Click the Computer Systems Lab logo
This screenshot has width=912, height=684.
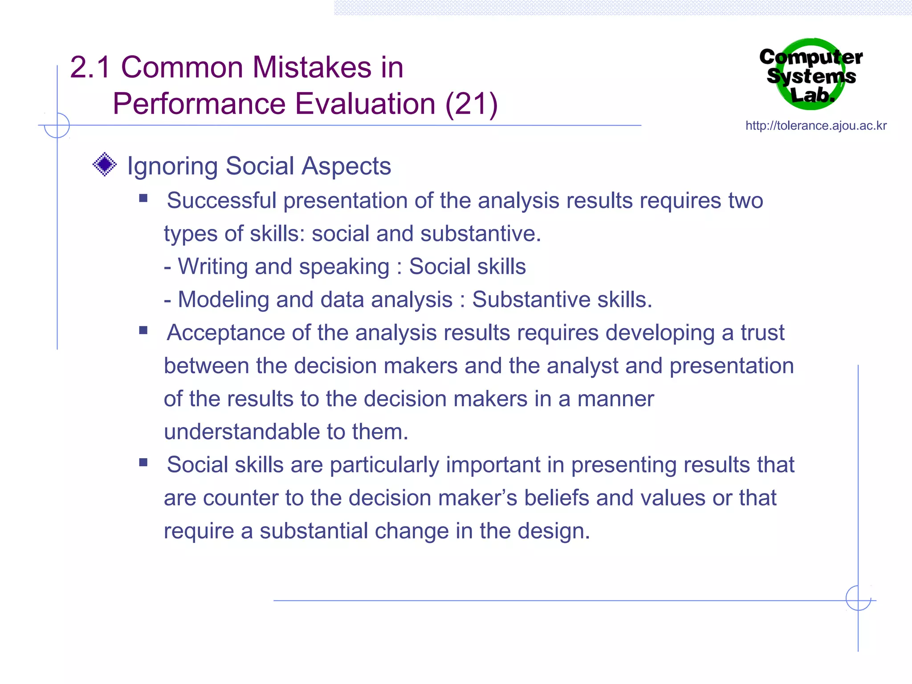click(811, 74)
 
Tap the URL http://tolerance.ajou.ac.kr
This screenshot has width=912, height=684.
click(816, 126)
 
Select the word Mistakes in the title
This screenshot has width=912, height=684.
click(312, 67)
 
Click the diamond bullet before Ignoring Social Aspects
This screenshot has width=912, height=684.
click(105, 164)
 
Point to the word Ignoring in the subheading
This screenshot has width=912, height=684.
click(172, 167)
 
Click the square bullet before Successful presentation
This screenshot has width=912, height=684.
click(143, 198)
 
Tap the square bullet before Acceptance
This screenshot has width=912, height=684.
click(143, 330)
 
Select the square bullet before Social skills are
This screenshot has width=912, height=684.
click(143, 462)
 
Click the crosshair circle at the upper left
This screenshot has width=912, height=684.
click(57, 125)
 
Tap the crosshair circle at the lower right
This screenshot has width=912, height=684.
click(858, 598)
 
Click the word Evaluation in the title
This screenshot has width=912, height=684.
click(365, 104)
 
